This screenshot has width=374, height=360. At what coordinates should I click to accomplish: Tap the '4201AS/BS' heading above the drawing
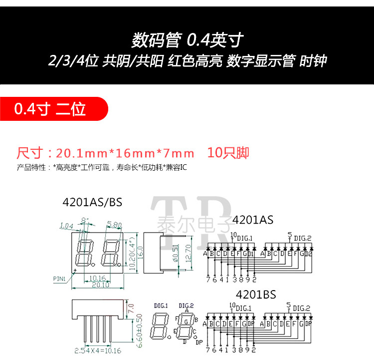tap(92, 202)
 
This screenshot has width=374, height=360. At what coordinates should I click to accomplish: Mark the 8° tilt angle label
tap(84, 220)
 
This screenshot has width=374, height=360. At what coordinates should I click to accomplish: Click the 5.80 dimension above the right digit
tap(114, 225)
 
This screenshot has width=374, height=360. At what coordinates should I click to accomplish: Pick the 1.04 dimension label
tap(66, 226)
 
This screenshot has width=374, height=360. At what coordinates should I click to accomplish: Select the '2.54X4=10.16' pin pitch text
tap(94, 350)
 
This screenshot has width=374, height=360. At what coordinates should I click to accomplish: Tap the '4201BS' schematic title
tap(255, 294)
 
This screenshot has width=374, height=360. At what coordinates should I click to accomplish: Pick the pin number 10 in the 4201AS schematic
tap(233, 235)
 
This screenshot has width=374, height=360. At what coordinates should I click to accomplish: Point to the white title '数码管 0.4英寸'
tap(187, 39)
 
